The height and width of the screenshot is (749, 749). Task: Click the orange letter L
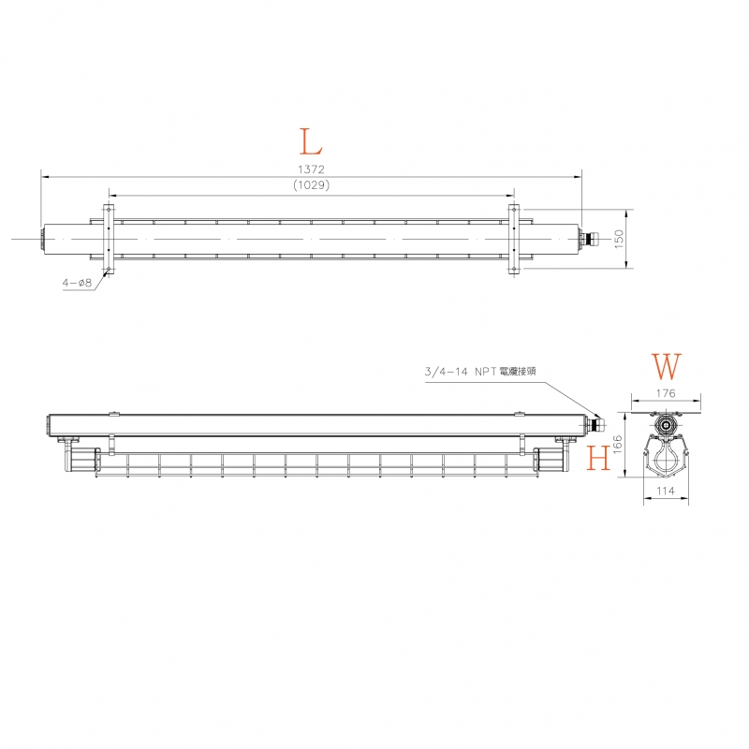[x=311, y=142]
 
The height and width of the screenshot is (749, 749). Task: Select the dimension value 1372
[x=312, y=169]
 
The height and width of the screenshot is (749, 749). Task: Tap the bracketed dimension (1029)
[x=312, y=184]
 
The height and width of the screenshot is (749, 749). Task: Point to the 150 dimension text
[x=619, y=239]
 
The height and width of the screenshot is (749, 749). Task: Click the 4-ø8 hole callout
[x=77, y=283]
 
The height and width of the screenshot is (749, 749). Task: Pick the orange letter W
[x=666, y=366]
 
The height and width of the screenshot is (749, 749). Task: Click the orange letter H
[x=598, y=457]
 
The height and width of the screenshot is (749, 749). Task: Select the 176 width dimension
[x=666, y=393]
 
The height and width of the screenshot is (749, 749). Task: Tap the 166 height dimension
[x=618, y=444]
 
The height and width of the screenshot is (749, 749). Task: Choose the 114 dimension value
[x=666, y=491]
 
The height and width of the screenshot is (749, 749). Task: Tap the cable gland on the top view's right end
[x=590, y=239]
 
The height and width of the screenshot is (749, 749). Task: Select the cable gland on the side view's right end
[x=596, y=424]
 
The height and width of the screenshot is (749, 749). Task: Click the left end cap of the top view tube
[x=42, y=239]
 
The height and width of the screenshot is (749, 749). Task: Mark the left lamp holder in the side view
[x=80, y=458]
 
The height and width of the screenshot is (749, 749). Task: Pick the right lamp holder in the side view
[x=551, y=458]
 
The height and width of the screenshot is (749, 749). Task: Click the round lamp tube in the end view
[x=666, y=458]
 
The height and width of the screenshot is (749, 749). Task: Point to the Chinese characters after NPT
[x=518, y=371]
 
